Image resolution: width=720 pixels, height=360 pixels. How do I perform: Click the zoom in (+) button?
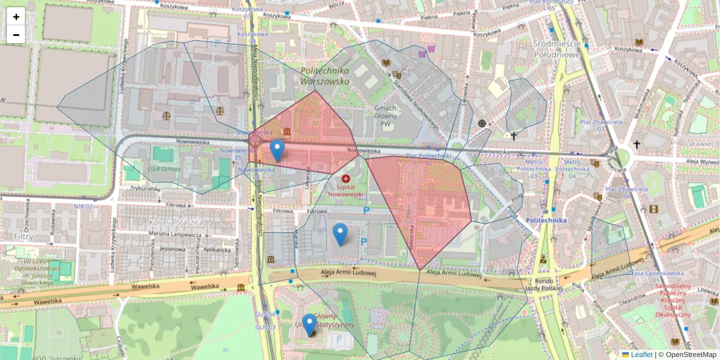tap(16, 17)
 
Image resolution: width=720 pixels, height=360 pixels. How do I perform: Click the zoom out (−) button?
tap(16, 35)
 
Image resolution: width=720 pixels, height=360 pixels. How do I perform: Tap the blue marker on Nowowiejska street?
tap(277, 150)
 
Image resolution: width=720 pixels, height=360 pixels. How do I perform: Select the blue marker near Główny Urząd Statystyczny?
tap(310, 324)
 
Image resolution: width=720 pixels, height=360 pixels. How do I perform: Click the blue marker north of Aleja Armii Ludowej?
tap(340, 233)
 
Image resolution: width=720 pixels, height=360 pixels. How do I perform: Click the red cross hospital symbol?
tap(345, 179)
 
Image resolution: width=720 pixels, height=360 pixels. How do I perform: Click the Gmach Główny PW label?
tap(385, 116)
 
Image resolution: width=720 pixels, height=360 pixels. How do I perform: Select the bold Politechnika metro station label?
tap(546, 220)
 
